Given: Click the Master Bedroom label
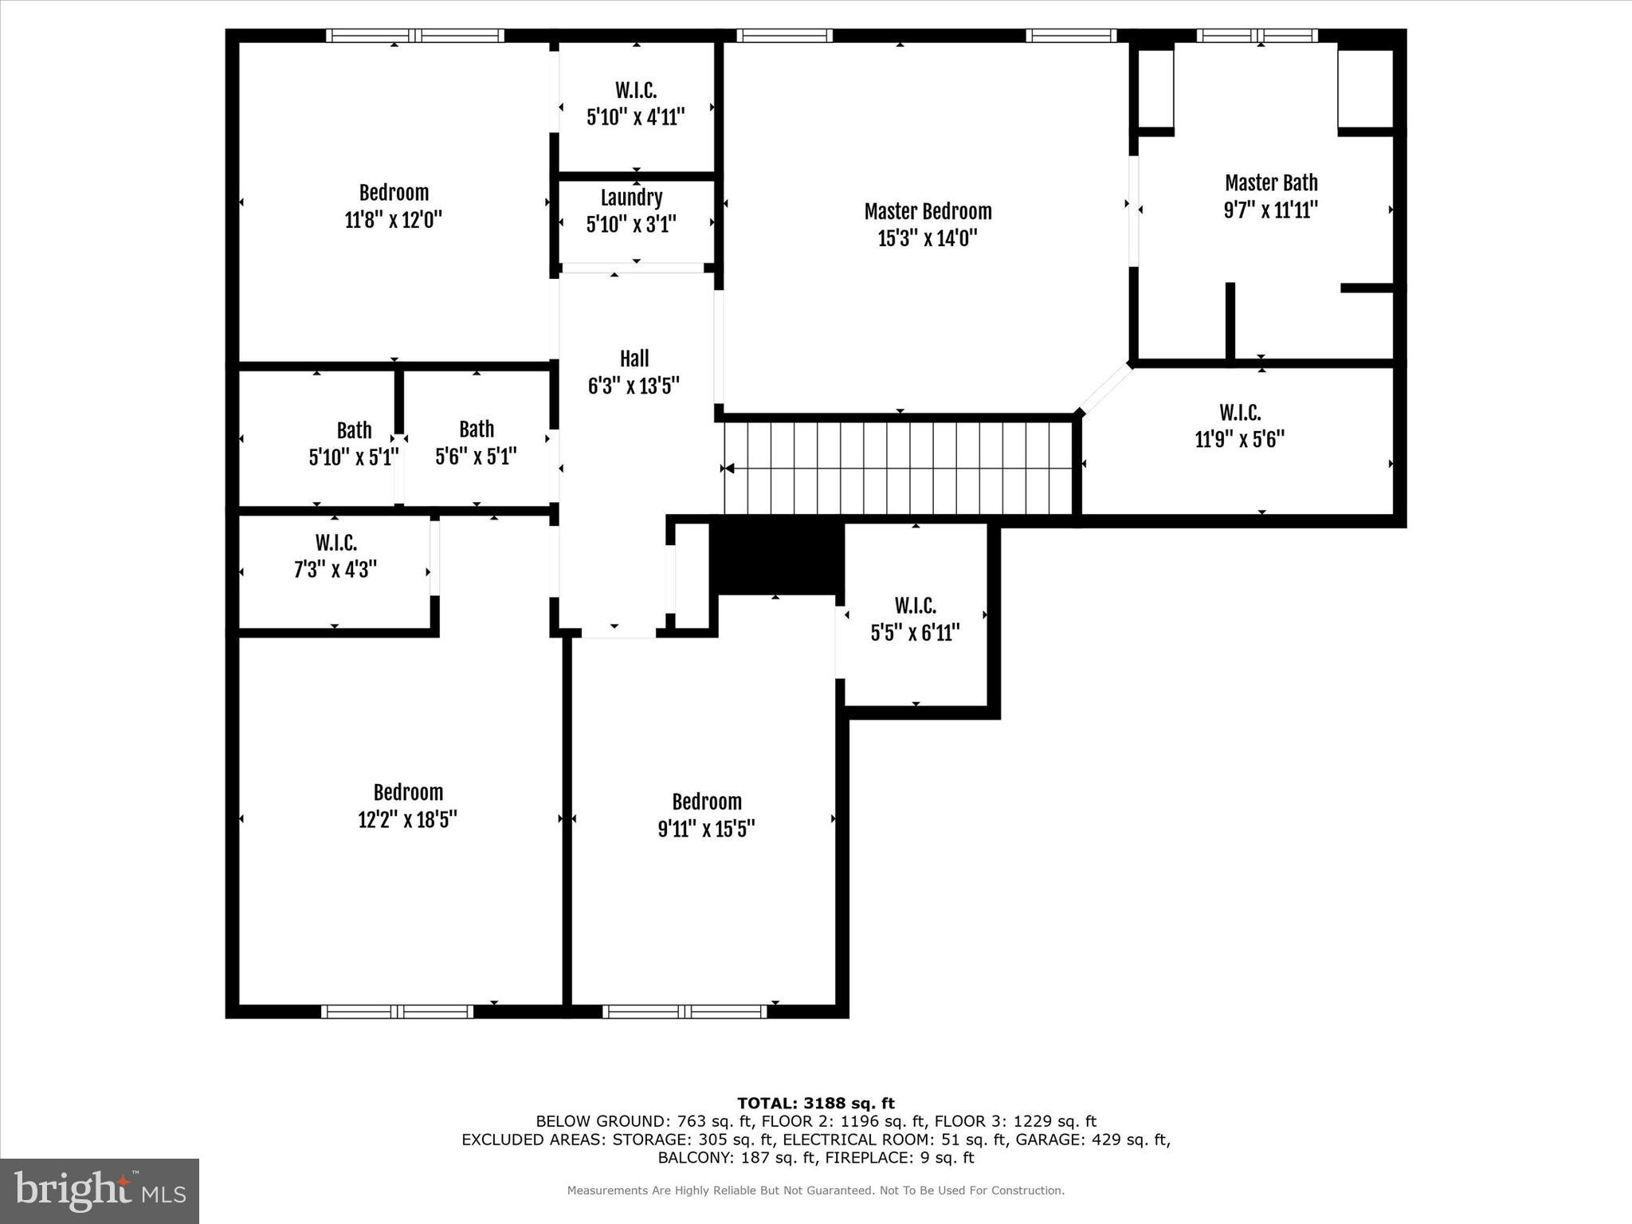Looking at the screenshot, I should coord(928,211).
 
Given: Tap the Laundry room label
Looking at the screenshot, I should coord(631,198).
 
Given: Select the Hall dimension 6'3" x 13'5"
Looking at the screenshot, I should coord(634,386).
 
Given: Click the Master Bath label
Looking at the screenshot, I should coord(1271,183).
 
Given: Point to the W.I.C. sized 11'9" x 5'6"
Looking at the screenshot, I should coord(1239,426).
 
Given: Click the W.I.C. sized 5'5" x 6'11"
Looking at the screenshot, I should coord(915,619).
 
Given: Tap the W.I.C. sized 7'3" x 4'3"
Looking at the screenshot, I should coord(335,556).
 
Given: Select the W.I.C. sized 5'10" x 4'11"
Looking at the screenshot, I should coord(636,104).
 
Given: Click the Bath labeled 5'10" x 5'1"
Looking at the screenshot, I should coord(354,444).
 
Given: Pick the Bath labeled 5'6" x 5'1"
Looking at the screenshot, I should coord(476,442).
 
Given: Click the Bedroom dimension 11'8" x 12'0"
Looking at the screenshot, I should coord(393,220).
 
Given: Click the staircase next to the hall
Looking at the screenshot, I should coord(898,468).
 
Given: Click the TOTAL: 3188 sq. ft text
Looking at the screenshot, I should coord(815,1104).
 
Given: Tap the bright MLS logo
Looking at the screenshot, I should coord(100,1191).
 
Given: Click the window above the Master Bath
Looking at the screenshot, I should coord(1257,35).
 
